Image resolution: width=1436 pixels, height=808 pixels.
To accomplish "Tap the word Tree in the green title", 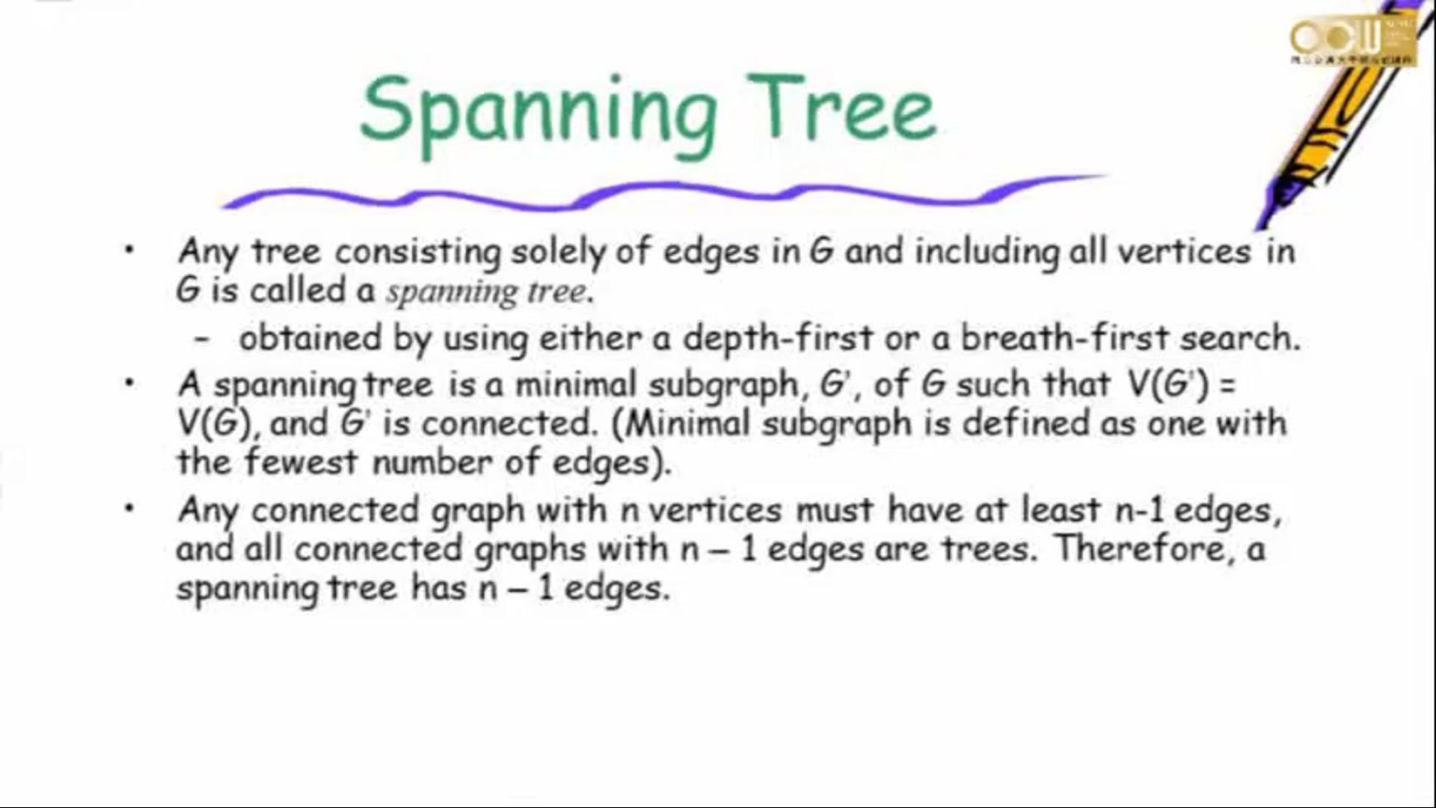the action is click(842, 108).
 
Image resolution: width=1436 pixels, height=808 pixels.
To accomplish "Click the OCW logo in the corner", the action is click(1352, 40).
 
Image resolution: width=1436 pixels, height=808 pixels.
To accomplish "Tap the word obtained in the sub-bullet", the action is click(310, 337).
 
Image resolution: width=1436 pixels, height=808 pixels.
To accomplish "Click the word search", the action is click(1240, 338).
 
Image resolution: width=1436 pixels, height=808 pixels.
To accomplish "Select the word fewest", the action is click(301, 461).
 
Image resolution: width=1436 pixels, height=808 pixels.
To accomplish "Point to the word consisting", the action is click(417, 252).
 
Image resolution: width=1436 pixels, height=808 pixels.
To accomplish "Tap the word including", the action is click(987, 252).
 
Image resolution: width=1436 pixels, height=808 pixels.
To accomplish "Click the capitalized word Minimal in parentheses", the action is click(687, 423).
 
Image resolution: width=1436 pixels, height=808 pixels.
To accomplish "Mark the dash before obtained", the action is click(200, 339).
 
